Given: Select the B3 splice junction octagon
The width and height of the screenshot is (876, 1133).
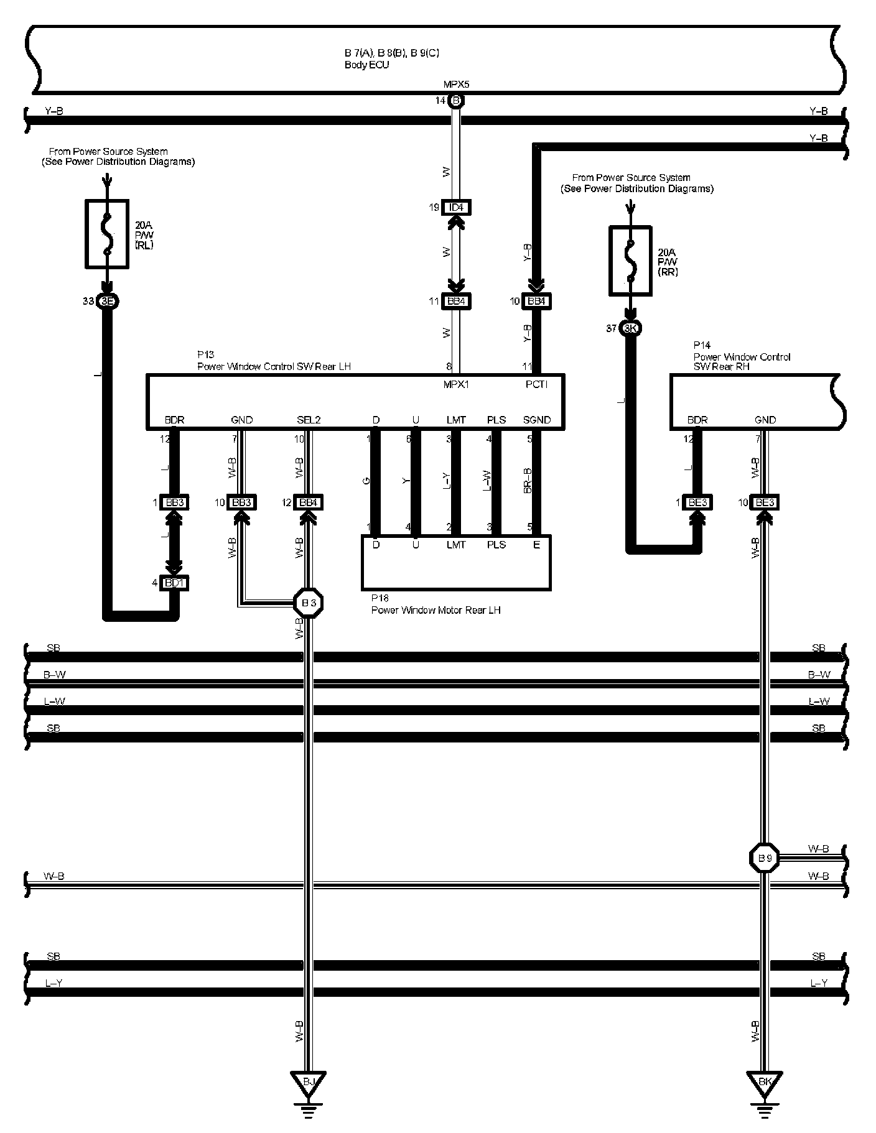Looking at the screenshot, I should (x=309, y=603).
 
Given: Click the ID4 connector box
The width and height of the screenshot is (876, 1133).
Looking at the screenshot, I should (x=456, y=207).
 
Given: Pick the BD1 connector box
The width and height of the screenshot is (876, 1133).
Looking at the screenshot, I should (x=174, y=583).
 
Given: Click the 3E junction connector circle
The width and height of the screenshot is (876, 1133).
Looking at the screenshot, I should (x=107, y=302).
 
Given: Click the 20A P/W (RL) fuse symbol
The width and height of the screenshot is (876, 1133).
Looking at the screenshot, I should (x=107, y=234).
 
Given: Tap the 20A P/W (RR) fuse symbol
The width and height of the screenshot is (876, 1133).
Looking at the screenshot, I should (x=631, y=261).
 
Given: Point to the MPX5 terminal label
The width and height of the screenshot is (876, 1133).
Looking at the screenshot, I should (x=456, y=85).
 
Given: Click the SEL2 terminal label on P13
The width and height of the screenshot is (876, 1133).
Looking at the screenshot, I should (x=309, y=420).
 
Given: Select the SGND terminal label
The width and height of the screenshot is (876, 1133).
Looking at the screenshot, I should (x=537, y=420).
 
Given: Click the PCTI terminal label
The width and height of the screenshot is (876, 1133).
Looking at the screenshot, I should (x=536, y=385).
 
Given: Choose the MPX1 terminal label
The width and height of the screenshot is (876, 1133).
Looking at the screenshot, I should (x=456, y=385).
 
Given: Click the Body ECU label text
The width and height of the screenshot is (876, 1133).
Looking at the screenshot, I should (x=367, y=65).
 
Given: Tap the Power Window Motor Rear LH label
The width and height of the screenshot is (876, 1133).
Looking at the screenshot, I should (x=436, y=611).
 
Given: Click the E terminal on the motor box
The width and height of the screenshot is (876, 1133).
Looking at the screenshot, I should (x=536, y=545).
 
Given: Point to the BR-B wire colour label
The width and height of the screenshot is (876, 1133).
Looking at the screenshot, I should (x=528, y=481).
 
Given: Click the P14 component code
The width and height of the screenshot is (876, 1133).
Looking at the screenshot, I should (x=702, y=345).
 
